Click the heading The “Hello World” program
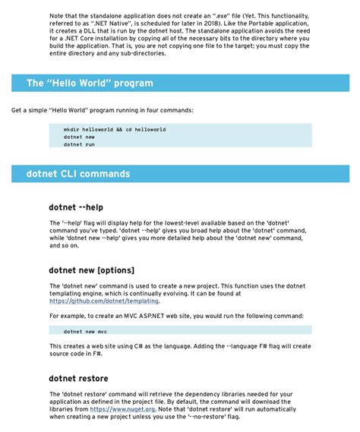[x=90, y=84]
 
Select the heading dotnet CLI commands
[x=78, y=174]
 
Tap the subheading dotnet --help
[x=76, y=207]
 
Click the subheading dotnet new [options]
[x=91, y=270]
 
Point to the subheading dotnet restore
[x=78, y=378]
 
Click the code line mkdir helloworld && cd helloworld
[x=115, y=130]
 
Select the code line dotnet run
[x=79, y=144]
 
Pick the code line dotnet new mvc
[x=85, y=331]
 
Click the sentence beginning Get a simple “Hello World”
[x=102, y=110]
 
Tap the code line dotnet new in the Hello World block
[x=79, y=137]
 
